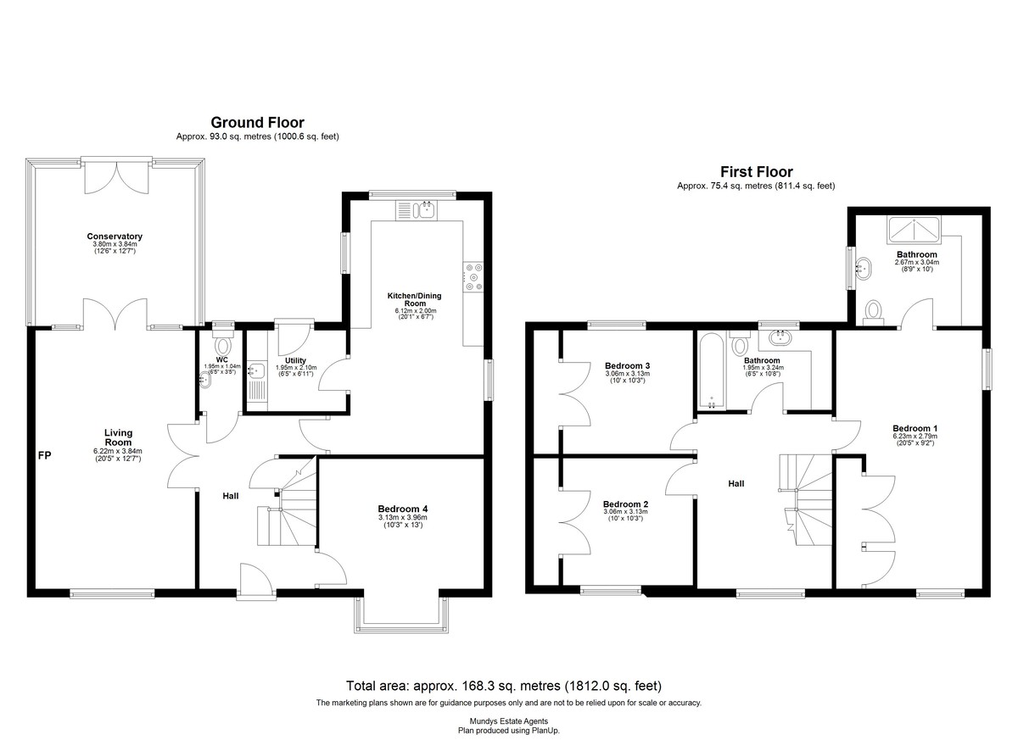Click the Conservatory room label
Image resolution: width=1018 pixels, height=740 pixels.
115,236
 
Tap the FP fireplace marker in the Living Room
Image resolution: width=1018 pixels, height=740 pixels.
44,455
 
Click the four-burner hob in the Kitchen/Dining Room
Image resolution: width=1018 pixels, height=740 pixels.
473,277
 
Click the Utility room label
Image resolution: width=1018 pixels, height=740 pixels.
295,361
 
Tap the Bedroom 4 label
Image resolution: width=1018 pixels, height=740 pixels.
403,509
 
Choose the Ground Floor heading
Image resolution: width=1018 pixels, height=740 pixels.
257,123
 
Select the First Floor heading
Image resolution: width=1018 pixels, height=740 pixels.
756,171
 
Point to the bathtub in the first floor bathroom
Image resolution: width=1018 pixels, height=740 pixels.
711,371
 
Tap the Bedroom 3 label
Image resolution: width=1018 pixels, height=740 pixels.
627,366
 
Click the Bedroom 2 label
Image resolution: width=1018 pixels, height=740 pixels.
625,504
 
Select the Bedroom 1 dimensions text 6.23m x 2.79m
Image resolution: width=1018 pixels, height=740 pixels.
915,437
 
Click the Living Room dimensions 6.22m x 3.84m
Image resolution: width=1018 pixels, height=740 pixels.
118,451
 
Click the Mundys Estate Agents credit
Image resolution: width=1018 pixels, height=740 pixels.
509,721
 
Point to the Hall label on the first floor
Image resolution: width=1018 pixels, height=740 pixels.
736,484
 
